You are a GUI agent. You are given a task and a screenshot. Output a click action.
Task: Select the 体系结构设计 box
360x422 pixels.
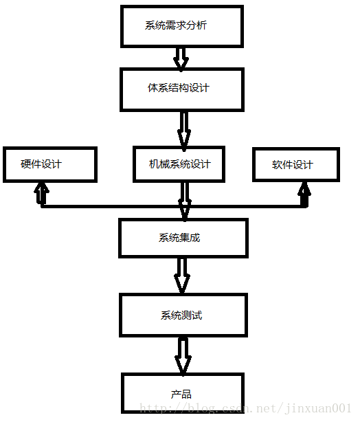point(181,89)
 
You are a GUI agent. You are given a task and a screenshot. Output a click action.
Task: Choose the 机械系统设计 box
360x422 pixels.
point(179,164)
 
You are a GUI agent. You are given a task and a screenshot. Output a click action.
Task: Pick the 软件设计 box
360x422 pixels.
point(295,164)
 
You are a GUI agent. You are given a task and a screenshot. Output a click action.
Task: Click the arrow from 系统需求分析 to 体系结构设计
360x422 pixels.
point(181,58)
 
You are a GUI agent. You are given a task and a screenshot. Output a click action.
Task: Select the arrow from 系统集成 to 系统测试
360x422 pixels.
point(182,274)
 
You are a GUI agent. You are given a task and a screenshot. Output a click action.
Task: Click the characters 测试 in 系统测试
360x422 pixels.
point(192,315)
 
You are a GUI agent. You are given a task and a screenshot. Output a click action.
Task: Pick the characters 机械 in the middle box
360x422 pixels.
point(159,164)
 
